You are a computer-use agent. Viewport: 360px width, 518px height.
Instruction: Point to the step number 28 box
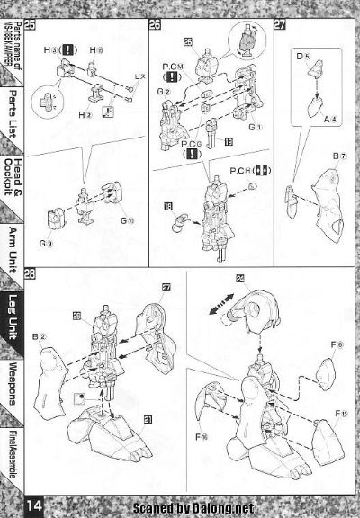31,273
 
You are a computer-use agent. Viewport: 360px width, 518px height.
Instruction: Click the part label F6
337,344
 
